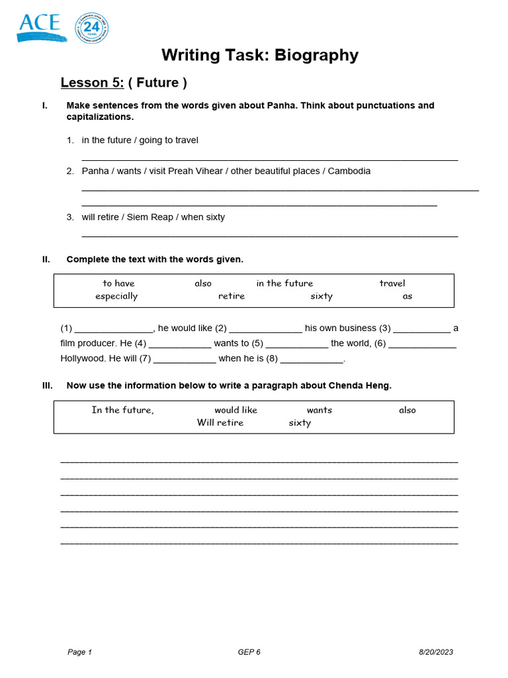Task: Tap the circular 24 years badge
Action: [x=92, y=28]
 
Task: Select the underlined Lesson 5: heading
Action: [x=92, y=83]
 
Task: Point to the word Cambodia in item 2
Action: [x=349, y=171]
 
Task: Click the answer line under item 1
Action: [x=269, y=159]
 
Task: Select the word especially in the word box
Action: [x=116, y=296]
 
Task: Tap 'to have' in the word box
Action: [x=118, y=283]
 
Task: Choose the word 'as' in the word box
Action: [x=407, y=296]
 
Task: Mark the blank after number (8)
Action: [x=312, y=360]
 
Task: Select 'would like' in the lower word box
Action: [x=235, y=410]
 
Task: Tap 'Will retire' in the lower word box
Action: [x=220, y=422]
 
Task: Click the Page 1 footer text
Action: [x=79, y=652]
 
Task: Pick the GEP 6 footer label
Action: [x=249, y=652]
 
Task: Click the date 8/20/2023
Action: [x=436, y=652]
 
